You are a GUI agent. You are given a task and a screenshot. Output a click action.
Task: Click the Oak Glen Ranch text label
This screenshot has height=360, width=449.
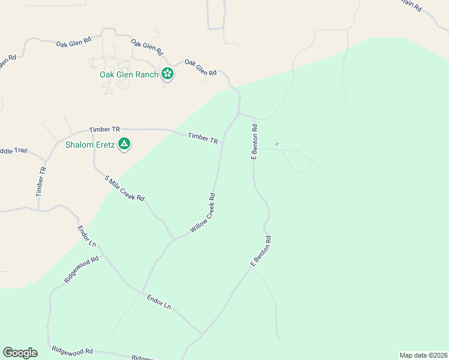(x=129, y=74)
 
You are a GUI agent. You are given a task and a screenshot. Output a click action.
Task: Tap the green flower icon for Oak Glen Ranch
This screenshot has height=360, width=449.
(x=167, y=74)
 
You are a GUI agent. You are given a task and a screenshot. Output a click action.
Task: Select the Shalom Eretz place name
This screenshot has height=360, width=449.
(x=90, y=144)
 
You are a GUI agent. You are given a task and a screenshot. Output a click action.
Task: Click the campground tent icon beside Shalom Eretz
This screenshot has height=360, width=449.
(x=124, y=144)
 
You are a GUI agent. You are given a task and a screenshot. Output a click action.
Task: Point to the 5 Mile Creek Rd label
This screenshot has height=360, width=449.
(x=125, y=188)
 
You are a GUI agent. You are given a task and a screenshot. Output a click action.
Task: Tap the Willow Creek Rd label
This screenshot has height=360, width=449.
(x=203, y=214)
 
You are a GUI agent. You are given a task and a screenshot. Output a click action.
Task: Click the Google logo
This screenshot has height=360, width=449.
(x=20, y=353)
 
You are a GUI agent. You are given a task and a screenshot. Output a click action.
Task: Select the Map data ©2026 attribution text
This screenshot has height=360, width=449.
(x=423, y=355)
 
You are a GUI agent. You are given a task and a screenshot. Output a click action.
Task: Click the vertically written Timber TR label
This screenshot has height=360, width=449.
(x=41, y=181)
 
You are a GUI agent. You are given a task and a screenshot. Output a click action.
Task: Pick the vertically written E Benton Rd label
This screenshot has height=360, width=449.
(x=255, y=142)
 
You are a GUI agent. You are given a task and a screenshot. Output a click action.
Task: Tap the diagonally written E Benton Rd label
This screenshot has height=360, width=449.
(x=261, y=251)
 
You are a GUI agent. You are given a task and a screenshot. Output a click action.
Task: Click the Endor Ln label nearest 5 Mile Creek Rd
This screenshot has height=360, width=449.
(x=87, y=236)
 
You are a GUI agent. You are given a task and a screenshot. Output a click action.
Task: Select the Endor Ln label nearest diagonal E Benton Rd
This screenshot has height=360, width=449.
(x=159, y=301)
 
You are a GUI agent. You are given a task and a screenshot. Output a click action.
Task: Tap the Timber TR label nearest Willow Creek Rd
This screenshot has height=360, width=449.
(x=203, y=138)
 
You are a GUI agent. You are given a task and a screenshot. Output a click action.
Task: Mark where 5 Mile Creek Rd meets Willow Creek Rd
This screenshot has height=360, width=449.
(x=173, y=239)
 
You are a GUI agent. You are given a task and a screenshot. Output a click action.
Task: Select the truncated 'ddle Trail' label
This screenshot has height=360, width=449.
(x=14, y=151)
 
